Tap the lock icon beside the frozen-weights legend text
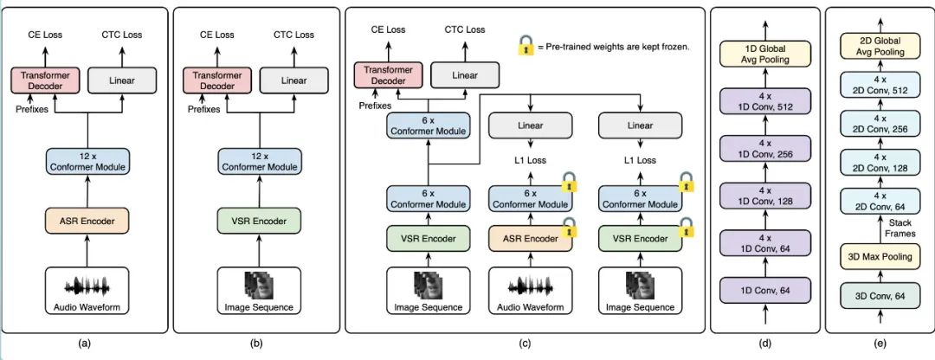click(525, 45)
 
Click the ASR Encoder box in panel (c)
click(530, 235)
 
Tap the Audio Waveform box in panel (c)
click(530, 291)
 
